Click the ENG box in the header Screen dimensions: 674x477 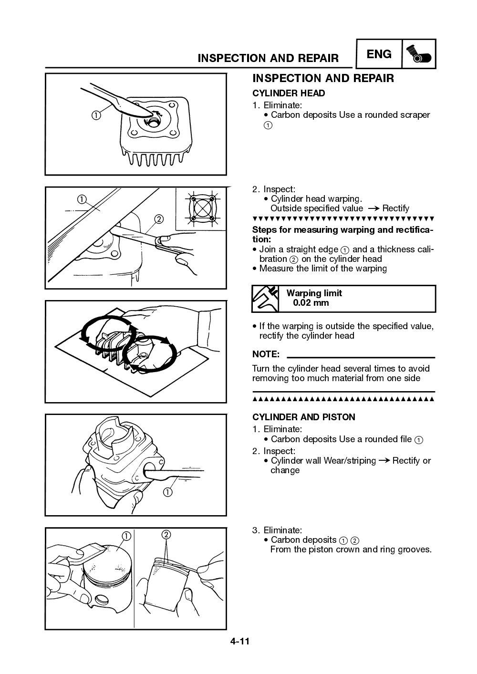pyautogui.click(x=379, y=54)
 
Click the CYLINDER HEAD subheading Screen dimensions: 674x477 pyautogui.click(x=289, y=93)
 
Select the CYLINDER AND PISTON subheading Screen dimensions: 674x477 pyautogui.click(x=303, y=417)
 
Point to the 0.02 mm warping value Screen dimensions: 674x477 pyautogui.click(x=311, y=303)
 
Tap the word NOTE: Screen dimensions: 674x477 pyautogui.click(x=266, y=354)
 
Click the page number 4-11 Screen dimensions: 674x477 pyautogui.click(x=240, y=641)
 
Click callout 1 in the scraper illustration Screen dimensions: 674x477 pyautogui.click(x=96, y=115)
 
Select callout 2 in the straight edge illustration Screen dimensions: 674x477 pyautogui.click(x=159, y=219)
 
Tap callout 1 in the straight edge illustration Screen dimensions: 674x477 pyautogui.click(x=83, y=199)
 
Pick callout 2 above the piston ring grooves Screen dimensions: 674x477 pyautogui.click(x=166, y=534)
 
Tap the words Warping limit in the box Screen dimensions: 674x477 pyautogui.click(x=314, y=293)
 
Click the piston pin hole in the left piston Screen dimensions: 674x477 pyautogui.click(x=101, y=599)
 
